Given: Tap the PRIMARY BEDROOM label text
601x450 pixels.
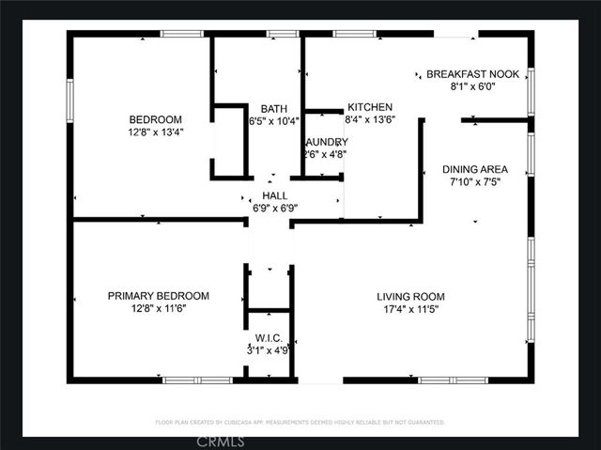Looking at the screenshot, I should pyautogui.click(x=158, y=296).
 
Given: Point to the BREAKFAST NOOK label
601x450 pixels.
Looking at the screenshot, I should pyautogui.click(x=473, y=73).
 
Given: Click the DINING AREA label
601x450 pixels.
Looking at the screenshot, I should pyautogui.click(x=473, y=169).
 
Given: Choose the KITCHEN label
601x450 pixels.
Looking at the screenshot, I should pyautogui.click(x=370, y=107).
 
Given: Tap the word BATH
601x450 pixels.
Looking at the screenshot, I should pyautogui.click(x=274, y=108).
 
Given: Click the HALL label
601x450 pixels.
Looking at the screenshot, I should pyautogui.click(x=274, y=195).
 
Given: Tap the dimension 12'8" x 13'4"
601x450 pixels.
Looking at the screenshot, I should pyautogui.click(x=155, y=132).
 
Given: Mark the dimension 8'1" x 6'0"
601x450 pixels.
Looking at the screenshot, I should pyautogui.click(x=473, y=86).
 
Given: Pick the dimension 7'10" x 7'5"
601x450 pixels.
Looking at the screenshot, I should pyautogui.click(x=473, y=182).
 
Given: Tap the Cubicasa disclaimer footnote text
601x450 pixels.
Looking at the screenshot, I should pyautogui.click(x=300, y=423).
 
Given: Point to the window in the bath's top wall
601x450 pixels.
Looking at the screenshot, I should pyautogui.click(x=283, y=34).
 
